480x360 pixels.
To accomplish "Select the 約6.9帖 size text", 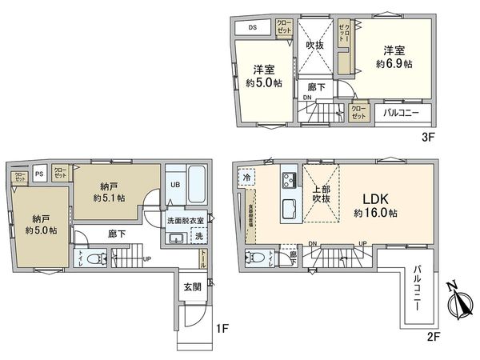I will (395, 62).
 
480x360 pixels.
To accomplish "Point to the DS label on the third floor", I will (252, 27).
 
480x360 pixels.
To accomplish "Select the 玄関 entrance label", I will (188, 286).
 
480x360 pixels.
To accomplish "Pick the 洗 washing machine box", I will (199, 238).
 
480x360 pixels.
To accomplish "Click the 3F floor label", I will (427, 137).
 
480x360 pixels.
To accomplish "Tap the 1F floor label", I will (223, 328).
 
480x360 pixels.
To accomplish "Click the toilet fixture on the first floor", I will (94, 258).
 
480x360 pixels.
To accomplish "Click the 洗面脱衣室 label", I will (186, 220).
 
